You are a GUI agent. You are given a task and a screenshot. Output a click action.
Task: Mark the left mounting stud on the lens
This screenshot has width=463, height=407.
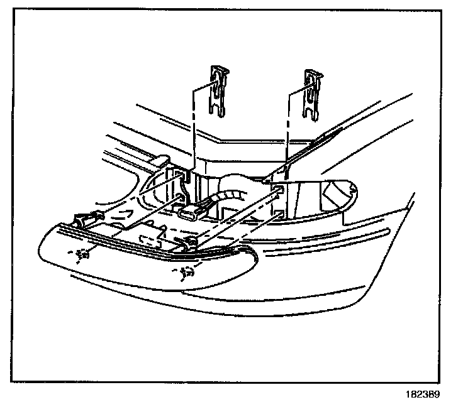pos(80,254)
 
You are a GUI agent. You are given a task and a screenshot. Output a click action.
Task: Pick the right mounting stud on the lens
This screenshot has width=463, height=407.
pos(184,272)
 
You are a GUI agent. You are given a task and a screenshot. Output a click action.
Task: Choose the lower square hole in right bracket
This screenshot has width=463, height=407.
pos(277,214)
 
